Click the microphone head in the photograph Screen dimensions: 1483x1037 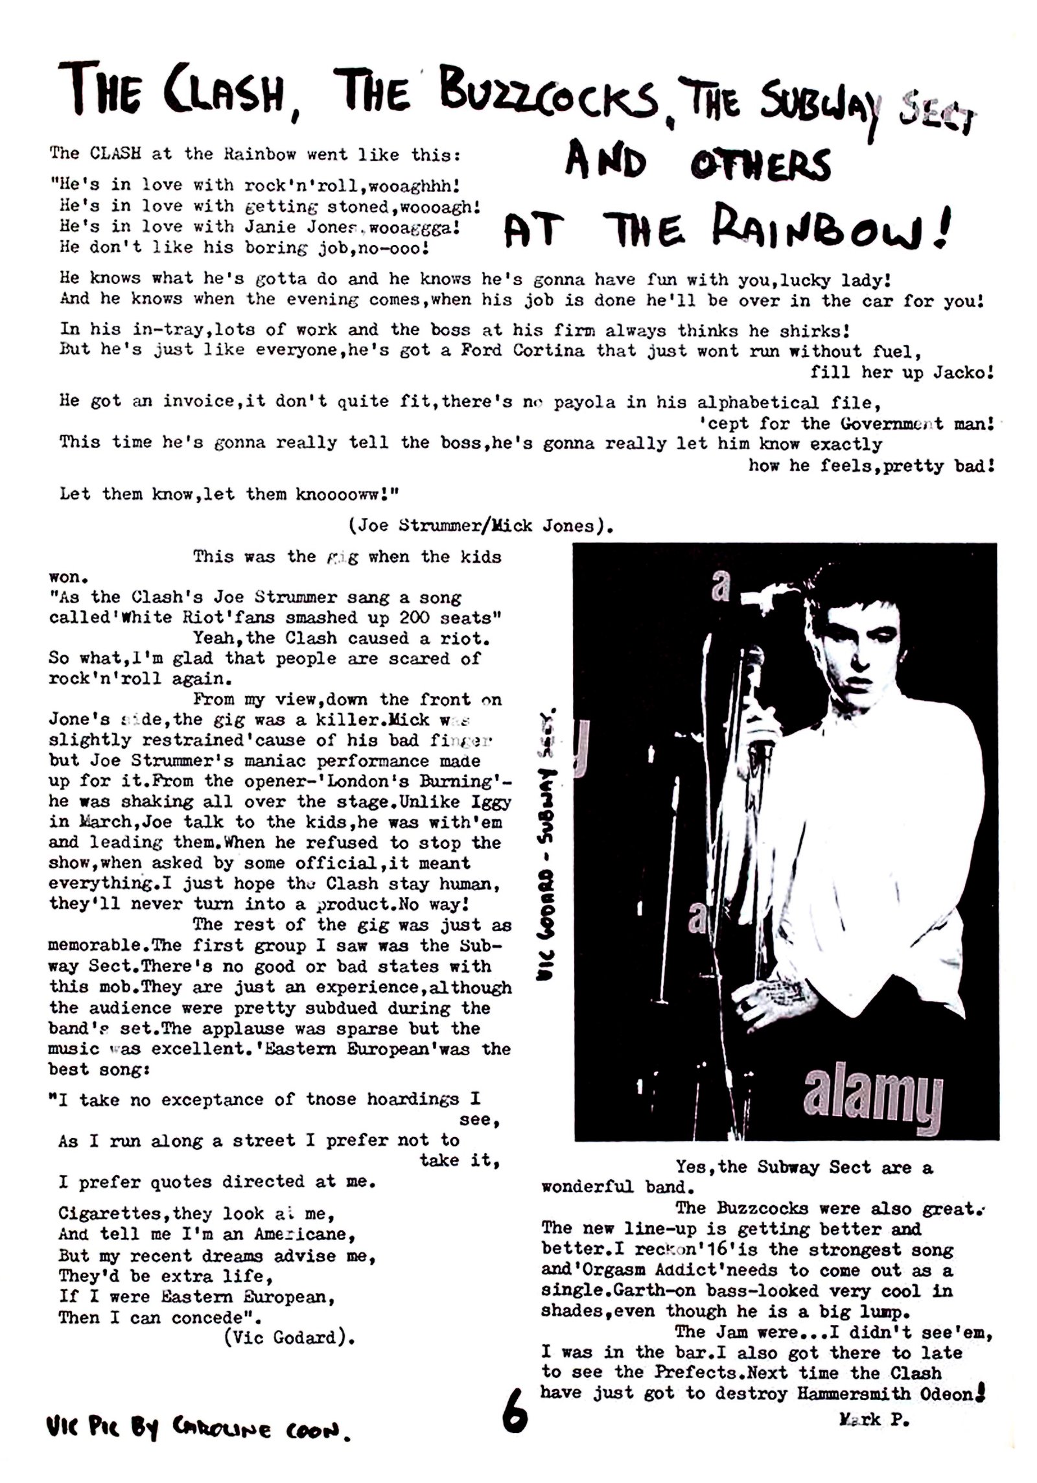coord(753,667)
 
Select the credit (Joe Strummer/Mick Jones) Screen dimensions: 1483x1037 coord(480,526)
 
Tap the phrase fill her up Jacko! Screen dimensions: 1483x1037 coord(901,373)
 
